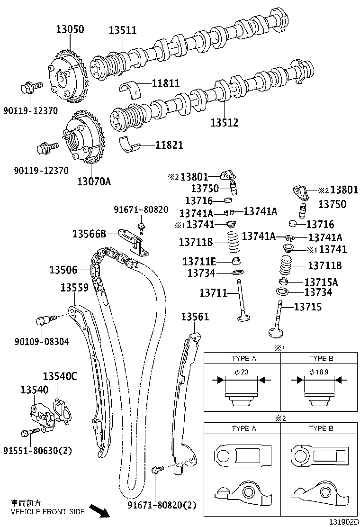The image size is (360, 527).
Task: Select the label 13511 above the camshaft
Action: tap(122, 30)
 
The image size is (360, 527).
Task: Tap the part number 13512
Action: tap(224, 123)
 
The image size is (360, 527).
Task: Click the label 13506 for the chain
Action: tap(63, 270)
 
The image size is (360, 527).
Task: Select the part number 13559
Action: tap(74, 287)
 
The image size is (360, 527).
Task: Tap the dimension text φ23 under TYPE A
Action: tap(242, 372)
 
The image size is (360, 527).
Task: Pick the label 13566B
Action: tap(89, 233)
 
